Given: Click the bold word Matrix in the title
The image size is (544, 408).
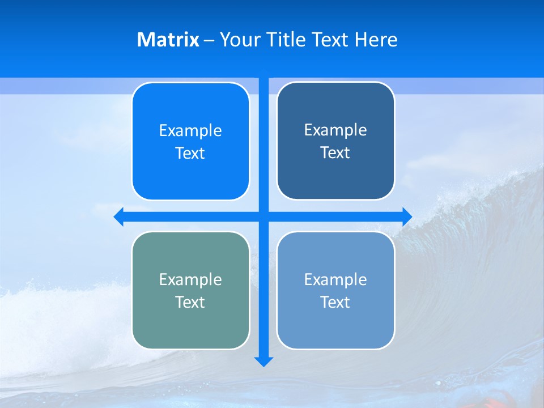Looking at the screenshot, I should pyautogui.click(x=168, y=40).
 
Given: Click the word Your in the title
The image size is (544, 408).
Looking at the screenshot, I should pyautogui.click(x=239, y=40).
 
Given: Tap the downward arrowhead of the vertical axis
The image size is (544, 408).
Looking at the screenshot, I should pyautogui.click(x=263, y=361).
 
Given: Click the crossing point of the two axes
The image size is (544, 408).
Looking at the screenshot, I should pyautogui.click(x=263, y=216).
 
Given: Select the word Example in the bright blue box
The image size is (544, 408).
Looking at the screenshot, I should pyautogui.click(x=190, y=131).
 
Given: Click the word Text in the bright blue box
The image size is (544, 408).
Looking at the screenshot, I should pyautogui.click(x=190, y=154).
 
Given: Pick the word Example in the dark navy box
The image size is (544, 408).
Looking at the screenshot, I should pyautogui.click(x=335, y=130).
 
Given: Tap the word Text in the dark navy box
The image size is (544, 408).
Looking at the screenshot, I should pyautogui.click(x=335, y=153).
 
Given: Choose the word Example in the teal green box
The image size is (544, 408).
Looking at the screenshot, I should pyautogui.click(x=190, y=279).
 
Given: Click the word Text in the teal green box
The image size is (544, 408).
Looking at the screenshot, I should pyautogui.click(x=190, y=302).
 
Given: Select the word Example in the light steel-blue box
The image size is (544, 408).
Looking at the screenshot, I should pyautogui.click(x=335, y=279).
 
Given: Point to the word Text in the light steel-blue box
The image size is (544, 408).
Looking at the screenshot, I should pyautogui.click(x=335, y=302).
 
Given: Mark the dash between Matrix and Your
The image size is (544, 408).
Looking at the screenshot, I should pyautogui.click(x=209, y=40).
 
